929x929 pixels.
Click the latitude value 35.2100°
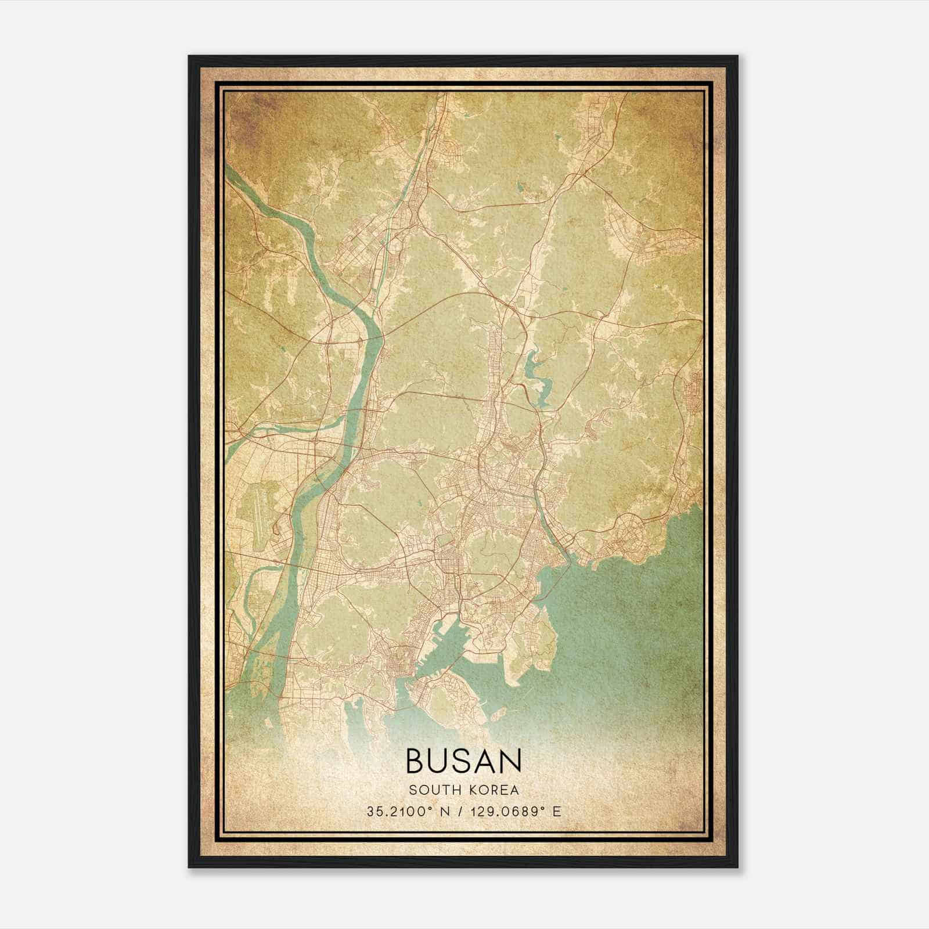coord(398,812)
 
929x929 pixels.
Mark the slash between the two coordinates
coord(460,812)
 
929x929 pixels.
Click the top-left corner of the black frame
coord(189,56)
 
